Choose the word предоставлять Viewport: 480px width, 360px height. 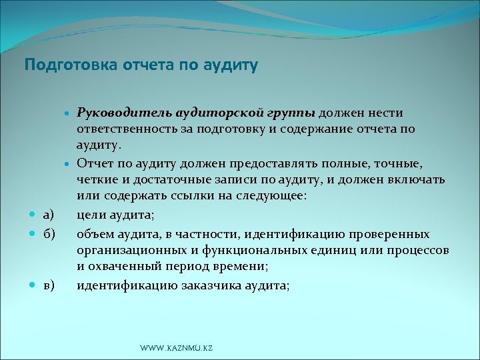(x=268, y=163)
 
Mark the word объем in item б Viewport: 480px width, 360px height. (x=95, y=234)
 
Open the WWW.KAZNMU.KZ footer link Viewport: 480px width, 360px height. (x=176, y=348)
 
